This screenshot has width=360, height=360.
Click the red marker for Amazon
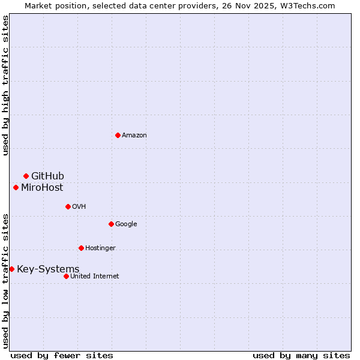[x=118, y=135]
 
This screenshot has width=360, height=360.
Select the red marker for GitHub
[x=26, y=176]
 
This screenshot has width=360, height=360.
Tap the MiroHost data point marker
[x=16, y=187]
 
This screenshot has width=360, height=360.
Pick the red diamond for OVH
[x=68, y=206]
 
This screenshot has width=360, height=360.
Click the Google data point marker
[x=111, y=224]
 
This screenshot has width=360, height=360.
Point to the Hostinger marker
[x=81, y=248]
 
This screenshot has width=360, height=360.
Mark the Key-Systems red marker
[x=11, y=269]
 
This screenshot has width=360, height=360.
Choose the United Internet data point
[x=66, y=276]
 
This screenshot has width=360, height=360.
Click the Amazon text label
[x=134, y=135]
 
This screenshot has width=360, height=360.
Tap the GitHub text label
[x=47, y=176]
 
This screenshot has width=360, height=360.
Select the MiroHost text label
[x=42, y=187]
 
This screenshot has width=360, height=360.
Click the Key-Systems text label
[x=48, y=269]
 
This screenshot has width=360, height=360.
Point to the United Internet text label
[x=94, y=276]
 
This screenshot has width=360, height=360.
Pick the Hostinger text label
[x=100, y=248]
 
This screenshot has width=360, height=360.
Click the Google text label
[x=126, y=224]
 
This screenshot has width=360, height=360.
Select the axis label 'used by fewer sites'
[x=62, y=355]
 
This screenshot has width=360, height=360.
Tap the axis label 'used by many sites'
[x=301, y=355]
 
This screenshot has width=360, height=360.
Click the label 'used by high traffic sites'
[x=5, y=85]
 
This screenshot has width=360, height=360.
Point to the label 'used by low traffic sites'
[x=5, y=280]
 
